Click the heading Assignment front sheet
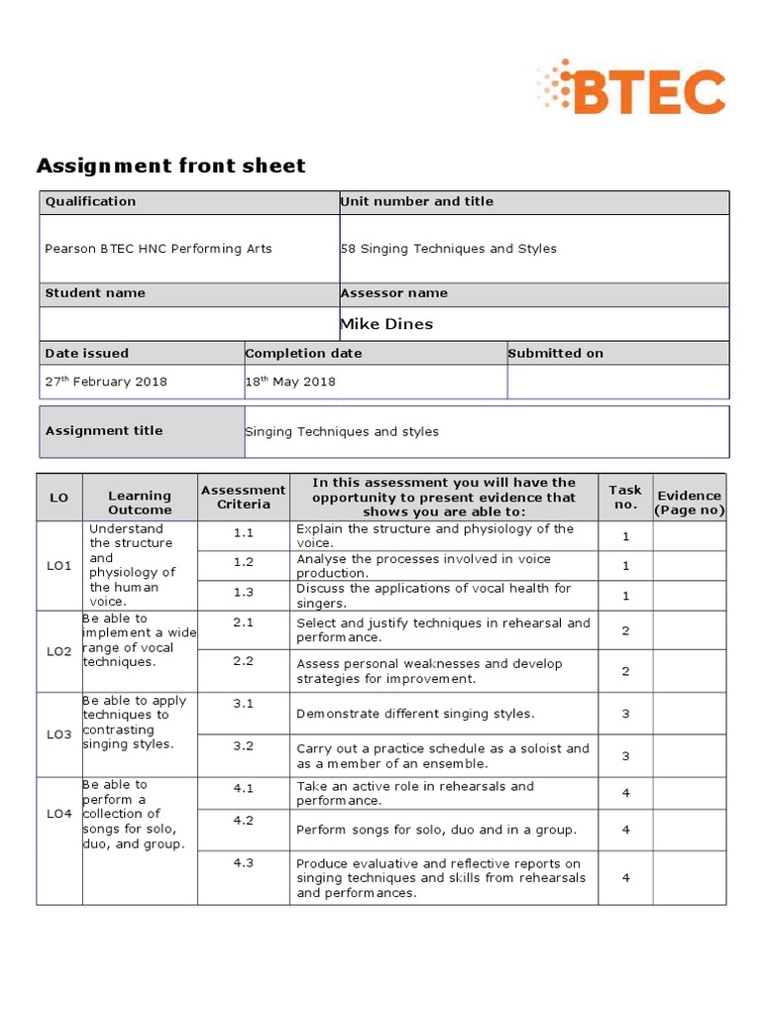click(x=170, y=166)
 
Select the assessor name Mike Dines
click(x=386, y=324)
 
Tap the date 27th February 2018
click(x=106, y=382)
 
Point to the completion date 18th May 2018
click(x=290, y=382)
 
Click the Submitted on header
click(x=555, y=353)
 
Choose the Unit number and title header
click(x=417, y=201)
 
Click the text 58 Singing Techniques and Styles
click(x=449, y=249)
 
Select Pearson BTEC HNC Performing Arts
click(x=159, y=249)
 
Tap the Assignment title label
click(x=104, y=431)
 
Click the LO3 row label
click(x=59, y=734)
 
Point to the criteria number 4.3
click(x=244, y=863)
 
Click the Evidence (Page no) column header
click(x=689, y=503)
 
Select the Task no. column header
click(x=625, y=497)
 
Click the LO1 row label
click(x=59, y=566)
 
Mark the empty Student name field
click(x=188, y=324)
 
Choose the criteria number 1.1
click(x=244, y=532)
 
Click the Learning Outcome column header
click(x=140, y=503)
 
